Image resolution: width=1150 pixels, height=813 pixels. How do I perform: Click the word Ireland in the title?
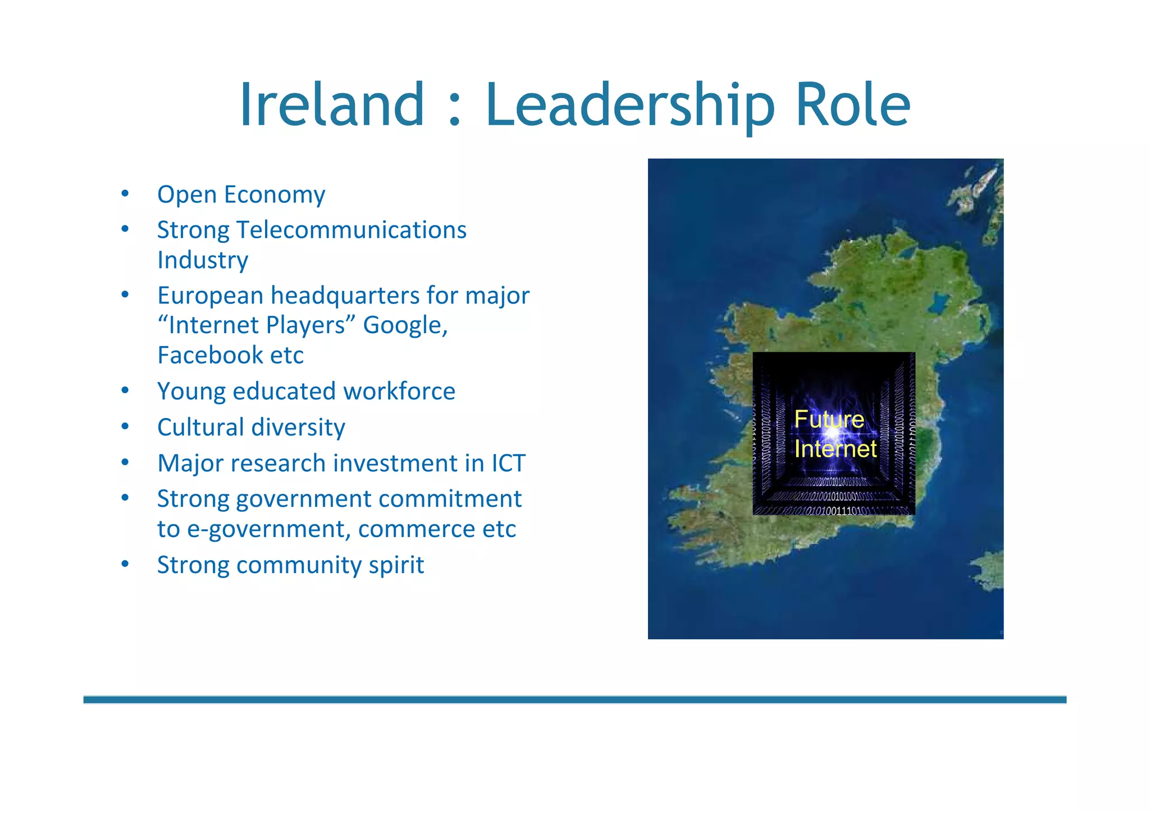pos(332,105)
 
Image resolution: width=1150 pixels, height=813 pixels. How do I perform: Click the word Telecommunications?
pos(351,230)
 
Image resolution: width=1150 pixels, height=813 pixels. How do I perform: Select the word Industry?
pos(203,260)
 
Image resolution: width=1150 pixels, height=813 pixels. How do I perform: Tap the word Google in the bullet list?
pos(405,325)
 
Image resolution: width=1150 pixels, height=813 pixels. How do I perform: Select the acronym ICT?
pos(508,463)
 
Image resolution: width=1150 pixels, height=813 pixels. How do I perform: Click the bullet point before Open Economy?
pos(125,194)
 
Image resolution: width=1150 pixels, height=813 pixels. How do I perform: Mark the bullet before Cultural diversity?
pos(125,427)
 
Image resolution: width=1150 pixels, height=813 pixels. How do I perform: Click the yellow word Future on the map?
pos(829,419)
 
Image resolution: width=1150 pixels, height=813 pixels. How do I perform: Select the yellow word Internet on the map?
pos(835,449)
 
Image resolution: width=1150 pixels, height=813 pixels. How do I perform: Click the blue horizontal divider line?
pos(574,700)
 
